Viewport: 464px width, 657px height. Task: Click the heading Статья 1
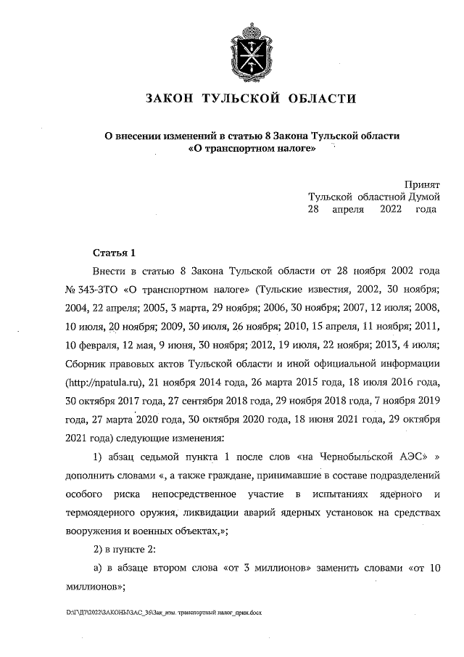(115, 253)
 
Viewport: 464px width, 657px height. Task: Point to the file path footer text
(163, 613)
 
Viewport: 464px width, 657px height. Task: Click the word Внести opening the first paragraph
(113, 271)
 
